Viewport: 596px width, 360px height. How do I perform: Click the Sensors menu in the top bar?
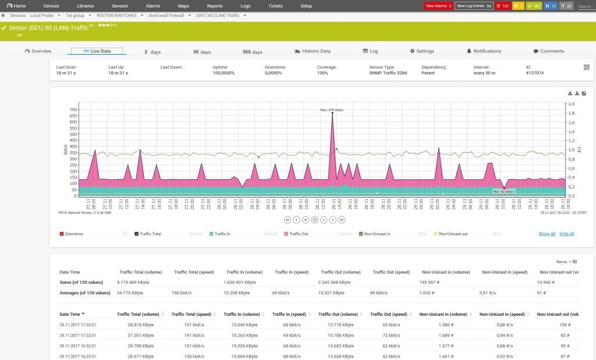[x=120, y=6]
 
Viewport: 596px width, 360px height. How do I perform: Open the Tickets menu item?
[x=275, y=6]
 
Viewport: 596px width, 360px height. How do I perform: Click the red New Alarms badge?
[x=438, y=6]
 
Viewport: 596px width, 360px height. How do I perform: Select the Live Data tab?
[x=97, y=51]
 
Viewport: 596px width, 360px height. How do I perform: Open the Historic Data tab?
[x=313, y=51]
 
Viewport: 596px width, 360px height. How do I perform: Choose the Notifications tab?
[x=484, y=51]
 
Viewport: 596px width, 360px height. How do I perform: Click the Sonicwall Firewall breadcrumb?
[x=169, y=15]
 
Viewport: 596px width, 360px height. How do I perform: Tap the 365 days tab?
[x=252, y=52]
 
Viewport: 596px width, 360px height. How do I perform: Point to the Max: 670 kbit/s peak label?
[x=332, y=109]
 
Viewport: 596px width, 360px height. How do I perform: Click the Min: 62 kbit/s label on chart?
[x=503, y=191]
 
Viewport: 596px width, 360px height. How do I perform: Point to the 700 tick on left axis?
[x=73, y=109]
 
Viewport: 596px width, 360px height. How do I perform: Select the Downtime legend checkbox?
[x=62, y=234]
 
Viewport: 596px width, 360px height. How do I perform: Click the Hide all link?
[x=567, y=234]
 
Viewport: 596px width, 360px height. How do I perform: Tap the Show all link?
[x=547, y=234]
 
